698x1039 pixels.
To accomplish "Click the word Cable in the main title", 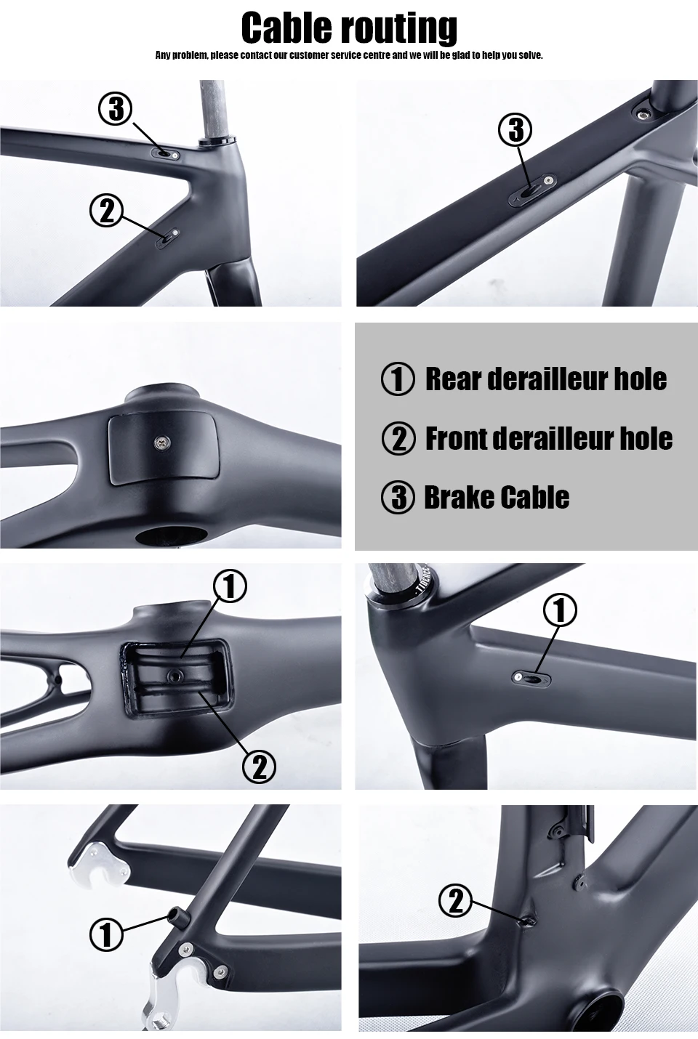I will pyautogui.click(x=286, y=28).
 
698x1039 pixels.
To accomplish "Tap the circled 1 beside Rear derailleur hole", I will pyautogui.click(x=398, y=379).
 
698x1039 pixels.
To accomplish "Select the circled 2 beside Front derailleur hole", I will pyautogui.click(x=398, y=439).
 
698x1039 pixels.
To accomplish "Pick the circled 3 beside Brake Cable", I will pyautogui.click(x=398, y=498).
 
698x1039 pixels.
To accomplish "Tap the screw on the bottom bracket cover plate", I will pyautogui.click(x=161, y=441).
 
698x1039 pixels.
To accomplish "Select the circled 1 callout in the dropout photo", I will pyautogui.click(x=106, y=934).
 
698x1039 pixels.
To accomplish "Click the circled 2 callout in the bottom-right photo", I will pyautogui.click(x=456, y=900).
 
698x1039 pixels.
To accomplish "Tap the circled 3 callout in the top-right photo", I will pyautogui.click(x=516, y=130).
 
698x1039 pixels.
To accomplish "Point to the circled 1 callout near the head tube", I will pyautogui.click(x=560, y=610).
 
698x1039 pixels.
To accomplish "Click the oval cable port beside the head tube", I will pyautogui.click(x=531, y=678).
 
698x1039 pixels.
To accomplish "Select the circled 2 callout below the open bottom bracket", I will pyautogui.click(x=260, y=767).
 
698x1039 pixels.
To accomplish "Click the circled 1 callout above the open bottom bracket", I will pyautogui.click(x=230, y=586).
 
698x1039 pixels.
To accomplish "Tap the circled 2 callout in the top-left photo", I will pyautogui.click(x=106, y=211).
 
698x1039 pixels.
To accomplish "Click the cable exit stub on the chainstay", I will pyautogui.click(x=178, y=916).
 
